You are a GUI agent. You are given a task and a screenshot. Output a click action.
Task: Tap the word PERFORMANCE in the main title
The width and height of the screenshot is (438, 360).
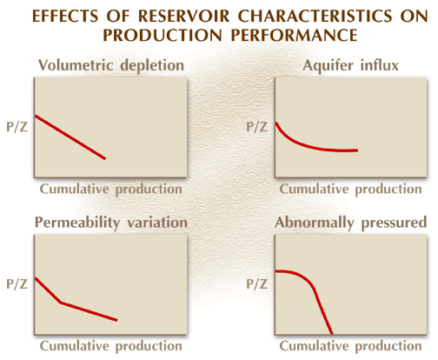[295, 35]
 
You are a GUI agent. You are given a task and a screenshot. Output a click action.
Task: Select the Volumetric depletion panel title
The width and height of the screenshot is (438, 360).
[111, 65]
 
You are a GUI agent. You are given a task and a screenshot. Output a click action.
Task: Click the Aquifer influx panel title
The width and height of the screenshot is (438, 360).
[351, 65]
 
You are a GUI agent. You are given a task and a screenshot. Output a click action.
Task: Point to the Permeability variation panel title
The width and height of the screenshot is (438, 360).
[111, 223]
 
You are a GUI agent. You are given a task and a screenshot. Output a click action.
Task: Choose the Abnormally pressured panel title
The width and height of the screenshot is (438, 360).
[351, 223]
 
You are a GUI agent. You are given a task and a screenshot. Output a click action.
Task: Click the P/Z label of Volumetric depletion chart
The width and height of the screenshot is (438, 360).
[17, 127]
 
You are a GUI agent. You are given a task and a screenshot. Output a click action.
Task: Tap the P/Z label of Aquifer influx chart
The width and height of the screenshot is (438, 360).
[256, 127]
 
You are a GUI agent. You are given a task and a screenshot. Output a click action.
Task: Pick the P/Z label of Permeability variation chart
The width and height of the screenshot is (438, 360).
[17, 284]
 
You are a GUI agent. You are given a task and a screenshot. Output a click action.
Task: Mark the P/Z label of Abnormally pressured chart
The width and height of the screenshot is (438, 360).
[256, 284]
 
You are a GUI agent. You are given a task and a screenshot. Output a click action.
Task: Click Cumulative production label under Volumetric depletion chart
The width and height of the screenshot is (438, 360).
[111, 190]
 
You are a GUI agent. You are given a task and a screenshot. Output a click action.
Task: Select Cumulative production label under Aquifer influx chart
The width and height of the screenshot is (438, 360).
[350, 190]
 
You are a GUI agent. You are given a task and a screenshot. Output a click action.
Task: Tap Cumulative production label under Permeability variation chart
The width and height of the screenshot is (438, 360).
[111, 346]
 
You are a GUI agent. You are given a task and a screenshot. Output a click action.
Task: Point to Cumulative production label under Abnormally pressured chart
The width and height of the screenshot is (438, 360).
[350, 346]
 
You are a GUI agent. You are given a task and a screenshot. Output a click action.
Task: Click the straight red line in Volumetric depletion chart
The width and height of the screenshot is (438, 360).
[70, 137]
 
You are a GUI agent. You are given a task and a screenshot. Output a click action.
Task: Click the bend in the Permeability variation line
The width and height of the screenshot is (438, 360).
[61, 303]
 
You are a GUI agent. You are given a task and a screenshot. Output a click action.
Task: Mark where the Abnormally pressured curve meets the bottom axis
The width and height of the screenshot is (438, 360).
[332, 334]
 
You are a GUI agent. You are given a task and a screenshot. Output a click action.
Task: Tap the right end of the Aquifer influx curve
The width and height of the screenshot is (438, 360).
[358, 150]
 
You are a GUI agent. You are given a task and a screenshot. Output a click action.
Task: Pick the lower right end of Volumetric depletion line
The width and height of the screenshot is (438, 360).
[105, 158]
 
